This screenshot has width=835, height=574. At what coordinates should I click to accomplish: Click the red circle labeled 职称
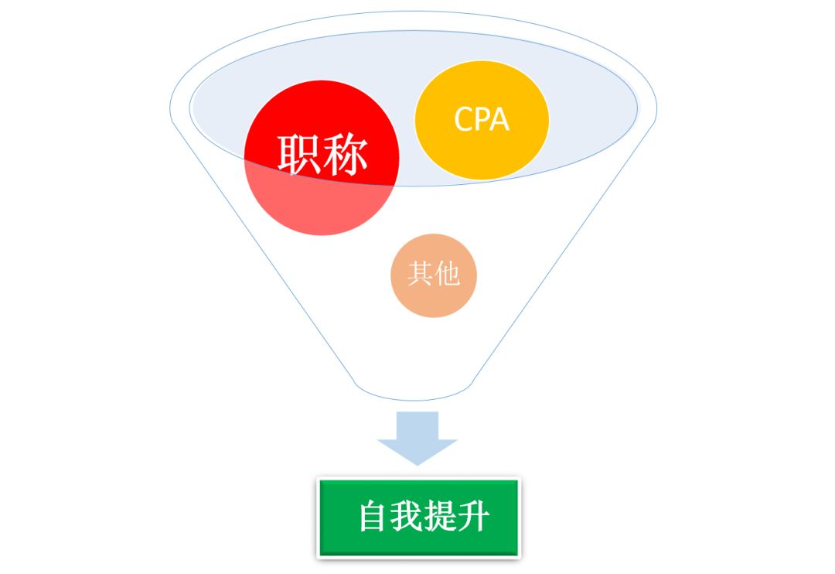click(322, 158)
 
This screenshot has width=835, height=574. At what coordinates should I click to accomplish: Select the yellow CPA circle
click(482, 120)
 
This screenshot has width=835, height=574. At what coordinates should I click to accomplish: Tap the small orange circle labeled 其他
click(434, 275)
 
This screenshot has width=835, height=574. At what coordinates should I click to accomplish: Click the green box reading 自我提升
click(418, 518)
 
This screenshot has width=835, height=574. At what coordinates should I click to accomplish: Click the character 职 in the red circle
click(298, 155)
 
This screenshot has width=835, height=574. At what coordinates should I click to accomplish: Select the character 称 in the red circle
click(345, 155)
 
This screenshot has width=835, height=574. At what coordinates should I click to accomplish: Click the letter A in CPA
click(499, 119)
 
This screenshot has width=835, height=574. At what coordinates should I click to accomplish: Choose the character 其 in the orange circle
click(420, 273)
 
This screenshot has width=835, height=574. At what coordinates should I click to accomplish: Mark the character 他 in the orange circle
click(448, 273)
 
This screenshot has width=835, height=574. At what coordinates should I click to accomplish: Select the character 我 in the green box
click(406, 516)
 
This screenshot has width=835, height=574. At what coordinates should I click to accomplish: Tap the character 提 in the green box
click(439, 516)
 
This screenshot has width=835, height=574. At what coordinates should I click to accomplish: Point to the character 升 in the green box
click(473, 516)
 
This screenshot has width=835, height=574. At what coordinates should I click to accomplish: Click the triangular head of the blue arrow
click(417, 450)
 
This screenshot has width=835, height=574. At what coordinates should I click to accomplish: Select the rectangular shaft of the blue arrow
click(417, 425)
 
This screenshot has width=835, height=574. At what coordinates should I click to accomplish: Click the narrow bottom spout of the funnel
click(413, 391)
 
